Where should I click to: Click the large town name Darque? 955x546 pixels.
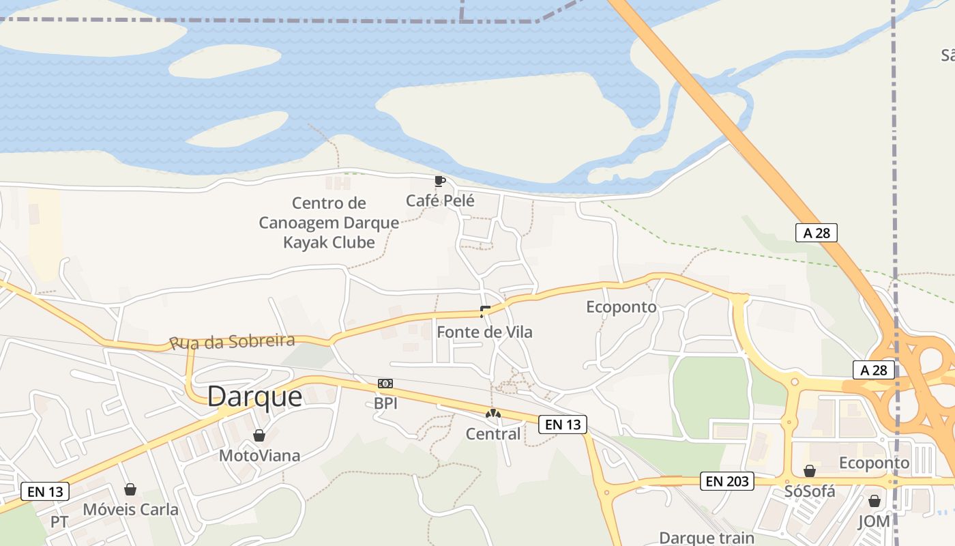pyautogui.click(x=254, y=396)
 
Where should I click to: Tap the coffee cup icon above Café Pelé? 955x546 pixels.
pyautogui.click(x=439, y=181)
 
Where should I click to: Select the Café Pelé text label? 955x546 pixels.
pyautogui.click(x=440, y=201)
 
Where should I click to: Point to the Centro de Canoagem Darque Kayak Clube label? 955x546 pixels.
pyautogui.click(x=329, y=222)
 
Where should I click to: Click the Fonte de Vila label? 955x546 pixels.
pyautogui.click(x=484, y=332)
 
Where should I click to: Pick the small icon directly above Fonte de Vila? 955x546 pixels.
pyautogui.click(x=485, y=312)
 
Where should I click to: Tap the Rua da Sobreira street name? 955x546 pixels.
pyautogui.click(x=232, y=341)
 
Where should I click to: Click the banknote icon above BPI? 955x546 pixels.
pyautogui.click(x=385, y=384)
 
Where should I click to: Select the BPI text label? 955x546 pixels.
pyautogui.click(x=385, y=403)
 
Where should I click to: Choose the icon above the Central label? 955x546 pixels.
pyautogui.click(x=493, y=414)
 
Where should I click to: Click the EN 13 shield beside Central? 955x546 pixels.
pyautogui.click(x=563, y=425)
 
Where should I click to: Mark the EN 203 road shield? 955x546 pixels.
pyautogui.click(x=728, y=481)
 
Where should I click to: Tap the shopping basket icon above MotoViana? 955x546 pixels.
pyautogui.click(x=259, y=435)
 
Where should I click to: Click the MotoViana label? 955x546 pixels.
pyautogui.click(x=259, y=455)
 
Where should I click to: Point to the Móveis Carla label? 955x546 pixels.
pyautogui.click(x=130, y=509)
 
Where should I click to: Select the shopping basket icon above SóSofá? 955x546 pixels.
pyautogui.click(x=810, y=471)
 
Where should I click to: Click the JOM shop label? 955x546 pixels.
pyautogui.click(x=874, y=521)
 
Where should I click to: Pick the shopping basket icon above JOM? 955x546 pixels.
pyautogui.click(x=875, y=502)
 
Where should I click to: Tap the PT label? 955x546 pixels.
pyautogui.click(x=59, y=522)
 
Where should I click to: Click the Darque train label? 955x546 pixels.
pyautogui.click(x=707, y=538)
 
